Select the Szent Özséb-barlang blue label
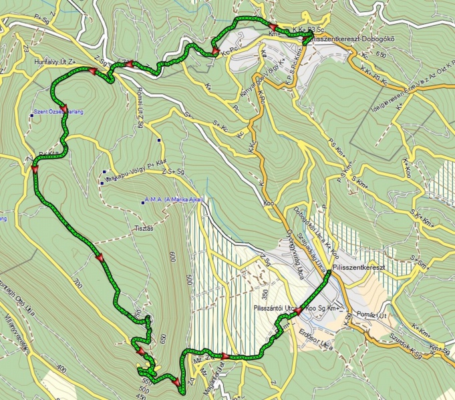coord(59,112)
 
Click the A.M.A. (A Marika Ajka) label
coord(173,200)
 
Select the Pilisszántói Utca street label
coord(275,308)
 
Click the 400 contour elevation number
coord(61,368)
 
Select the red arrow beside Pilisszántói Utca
coord(296,311)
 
